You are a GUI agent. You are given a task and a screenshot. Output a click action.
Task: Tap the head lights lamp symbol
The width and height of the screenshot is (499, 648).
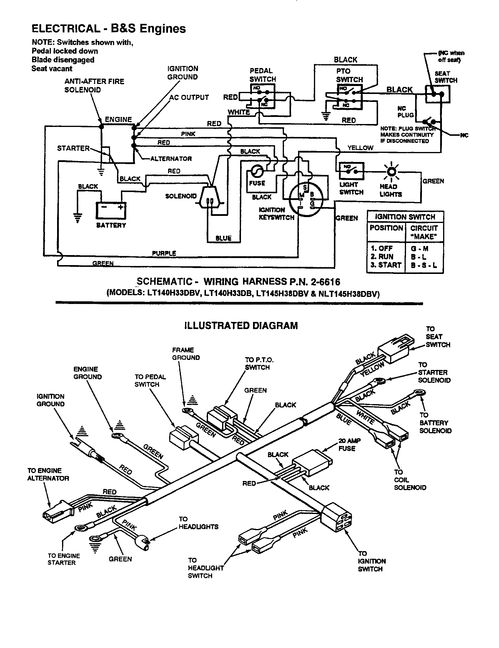(x=391, y=172)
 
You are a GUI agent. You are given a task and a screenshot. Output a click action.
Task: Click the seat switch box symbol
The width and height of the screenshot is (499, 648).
(x=438, y=94)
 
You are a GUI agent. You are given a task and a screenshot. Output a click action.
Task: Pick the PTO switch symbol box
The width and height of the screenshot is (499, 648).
(x=350, y=96)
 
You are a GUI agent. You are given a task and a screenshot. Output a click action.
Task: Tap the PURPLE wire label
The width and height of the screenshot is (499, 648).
(x=164, y=253)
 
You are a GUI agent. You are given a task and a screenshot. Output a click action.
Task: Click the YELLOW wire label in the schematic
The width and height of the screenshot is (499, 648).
(x=360, y=148)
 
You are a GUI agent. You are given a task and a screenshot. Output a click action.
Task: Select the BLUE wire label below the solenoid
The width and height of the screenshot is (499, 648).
(x=223, y=238)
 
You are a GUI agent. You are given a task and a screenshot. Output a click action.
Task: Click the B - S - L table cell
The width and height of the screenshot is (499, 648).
(x=424, y=265)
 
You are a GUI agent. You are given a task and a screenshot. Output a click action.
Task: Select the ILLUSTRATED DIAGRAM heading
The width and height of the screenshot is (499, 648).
(x=241, y=325)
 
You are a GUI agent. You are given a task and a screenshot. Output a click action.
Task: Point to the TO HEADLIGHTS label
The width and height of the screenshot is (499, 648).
(x=198, y=523)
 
